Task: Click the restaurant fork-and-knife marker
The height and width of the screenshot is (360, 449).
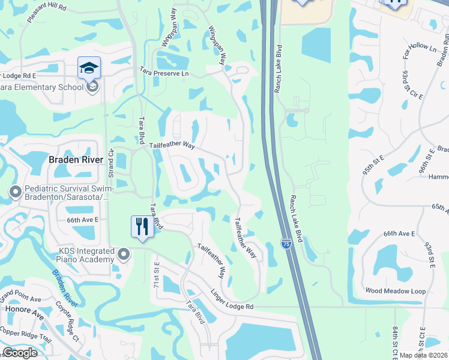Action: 142,227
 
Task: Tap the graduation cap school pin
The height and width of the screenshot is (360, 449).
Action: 89,67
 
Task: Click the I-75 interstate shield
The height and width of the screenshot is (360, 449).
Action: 286,244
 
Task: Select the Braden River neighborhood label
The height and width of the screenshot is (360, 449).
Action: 76,160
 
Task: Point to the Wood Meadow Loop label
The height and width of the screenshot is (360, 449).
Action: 395,291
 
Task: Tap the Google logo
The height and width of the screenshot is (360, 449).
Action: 19,353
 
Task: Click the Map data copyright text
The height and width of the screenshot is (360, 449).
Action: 423,355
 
